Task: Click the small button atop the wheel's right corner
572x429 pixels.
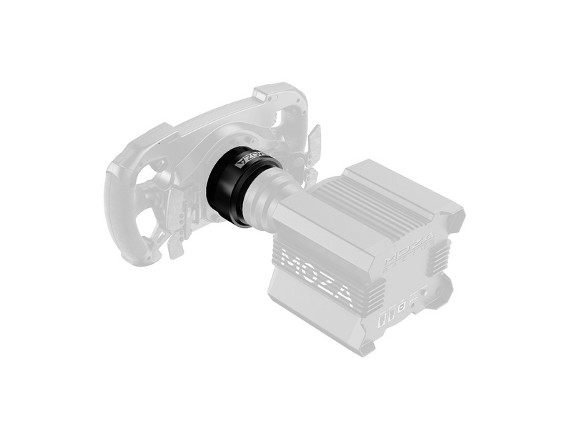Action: (261, 92)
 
